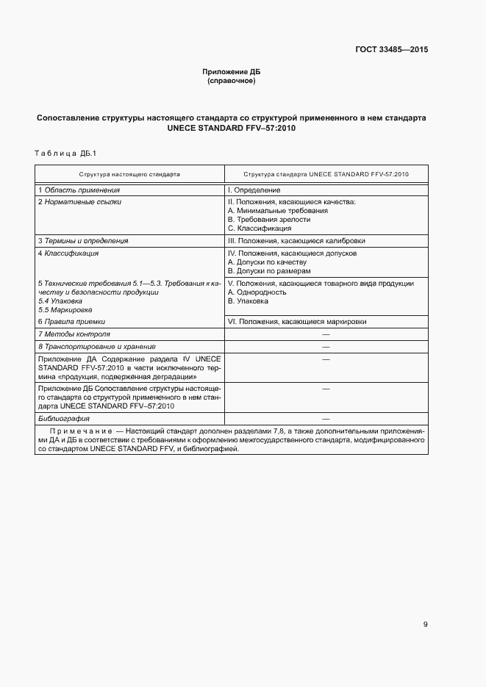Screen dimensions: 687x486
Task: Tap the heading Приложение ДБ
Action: tap(232, 71)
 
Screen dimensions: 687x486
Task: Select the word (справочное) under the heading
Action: tap(232, 81)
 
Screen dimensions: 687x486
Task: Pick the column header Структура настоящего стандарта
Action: tap(129, 175)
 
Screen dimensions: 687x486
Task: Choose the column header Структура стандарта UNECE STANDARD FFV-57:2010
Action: tap(326, 175)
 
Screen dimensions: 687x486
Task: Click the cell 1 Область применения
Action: tap(79, 190)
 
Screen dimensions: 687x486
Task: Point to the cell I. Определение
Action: tap(254, 190)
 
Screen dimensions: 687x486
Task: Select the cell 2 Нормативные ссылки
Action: tap(79, 201)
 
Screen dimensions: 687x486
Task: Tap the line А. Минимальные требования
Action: tap(278, 210)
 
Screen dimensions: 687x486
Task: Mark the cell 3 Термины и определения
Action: tap(83, 240)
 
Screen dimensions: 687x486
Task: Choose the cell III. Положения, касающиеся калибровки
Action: tap(296, 240)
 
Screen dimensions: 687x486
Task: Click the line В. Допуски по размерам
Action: tap(269, 270)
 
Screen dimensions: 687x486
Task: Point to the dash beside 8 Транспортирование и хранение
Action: tap(326, 346)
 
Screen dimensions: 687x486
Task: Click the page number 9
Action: tap(425, 625)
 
